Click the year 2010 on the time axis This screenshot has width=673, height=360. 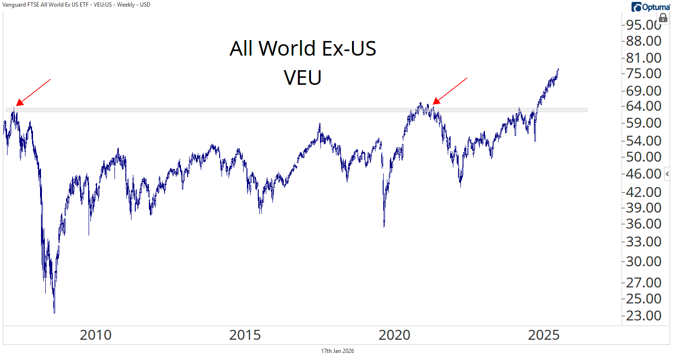click(96, 335)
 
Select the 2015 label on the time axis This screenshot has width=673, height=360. click(245, 335)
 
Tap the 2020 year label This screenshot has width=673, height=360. click(394, 335)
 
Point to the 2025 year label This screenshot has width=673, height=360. click(544, 335)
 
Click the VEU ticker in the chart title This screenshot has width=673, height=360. click(303, 78)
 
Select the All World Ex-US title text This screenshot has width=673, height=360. click(303, 49)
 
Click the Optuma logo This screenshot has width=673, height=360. click(650, 7)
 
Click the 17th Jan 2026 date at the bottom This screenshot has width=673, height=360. click(337, 351)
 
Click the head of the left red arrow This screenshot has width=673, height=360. click(18, 104)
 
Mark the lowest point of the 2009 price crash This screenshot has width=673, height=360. click(54, 312)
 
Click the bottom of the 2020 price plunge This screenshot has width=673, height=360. click(384, 227)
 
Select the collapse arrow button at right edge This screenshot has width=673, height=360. click(667, 173)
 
